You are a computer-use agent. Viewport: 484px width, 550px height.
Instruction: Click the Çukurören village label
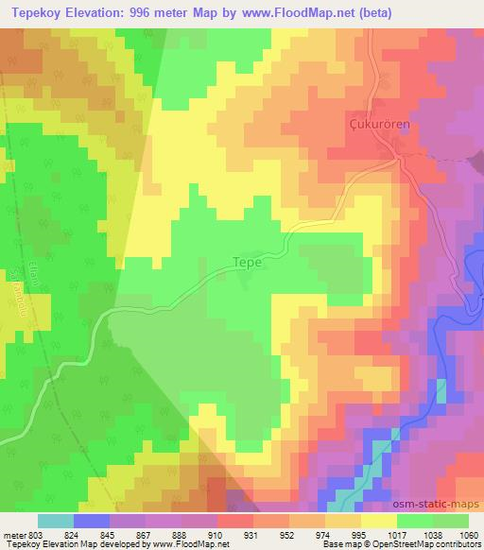point(377,123)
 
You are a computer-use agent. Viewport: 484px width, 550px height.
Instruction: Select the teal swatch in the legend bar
point(55,520)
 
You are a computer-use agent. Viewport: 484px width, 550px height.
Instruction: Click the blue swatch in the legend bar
point(91,520)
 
